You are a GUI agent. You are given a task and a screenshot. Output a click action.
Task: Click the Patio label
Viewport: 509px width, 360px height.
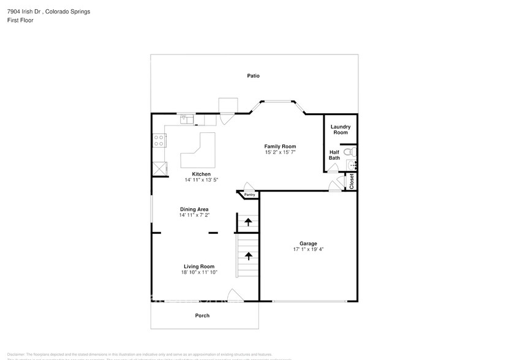pos(253,76)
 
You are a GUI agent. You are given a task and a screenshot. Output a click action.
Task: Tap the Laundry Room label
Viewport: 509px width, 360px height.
pos(341,130)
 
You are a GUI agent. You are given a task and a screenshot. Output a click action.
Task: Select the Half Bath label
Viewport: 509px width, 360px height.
pos(334,155)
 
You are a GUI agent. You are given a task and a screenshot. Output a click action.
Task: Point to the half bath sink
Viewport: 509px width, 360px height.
pos(352,165)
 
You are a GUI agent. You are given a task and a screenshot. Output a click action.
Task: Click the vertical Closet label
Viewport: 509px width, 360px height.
pos(352,181)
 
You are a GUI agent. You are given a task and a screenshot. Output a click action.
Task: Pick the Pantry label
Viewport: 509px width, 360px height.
pos(249,195)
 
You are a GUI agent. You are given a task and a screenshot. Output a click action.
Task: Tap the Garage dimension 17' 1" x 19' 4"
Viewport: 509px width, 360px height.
pos(307,249)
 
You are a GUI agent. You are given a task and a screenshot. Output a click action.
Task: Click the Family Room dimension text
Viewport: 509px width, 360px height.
pos(280,152)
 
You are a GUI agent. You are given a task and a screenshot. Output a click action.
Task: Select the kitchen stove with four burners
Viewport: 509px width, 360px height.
pos(159,140)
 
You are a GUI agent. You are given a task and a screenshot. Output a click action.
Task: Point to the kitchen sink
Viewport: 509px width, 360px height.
pos(186,120)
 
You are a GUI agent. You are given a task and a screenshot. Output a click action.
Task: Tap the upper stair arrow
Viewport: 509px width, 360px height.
pos(248,222)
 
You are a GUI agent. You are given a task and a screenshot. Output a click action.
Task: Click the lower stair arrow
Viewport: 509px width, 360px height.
pos(248,256)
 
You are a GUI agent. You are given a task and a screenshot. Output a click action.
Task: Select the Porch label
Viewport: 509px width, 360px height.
pos(202,315)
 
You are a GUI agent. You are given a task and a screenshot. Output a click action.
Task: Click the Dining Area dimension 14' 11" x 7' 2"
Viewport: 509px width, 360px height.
pos(194,216)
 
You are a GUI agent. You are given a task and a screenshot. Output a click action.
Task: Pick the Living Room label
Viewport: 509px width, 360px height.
pos(199,266)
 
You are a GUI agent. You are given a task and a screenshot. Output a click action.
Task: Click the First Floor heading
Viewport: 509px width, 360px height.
pos(21,20)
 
